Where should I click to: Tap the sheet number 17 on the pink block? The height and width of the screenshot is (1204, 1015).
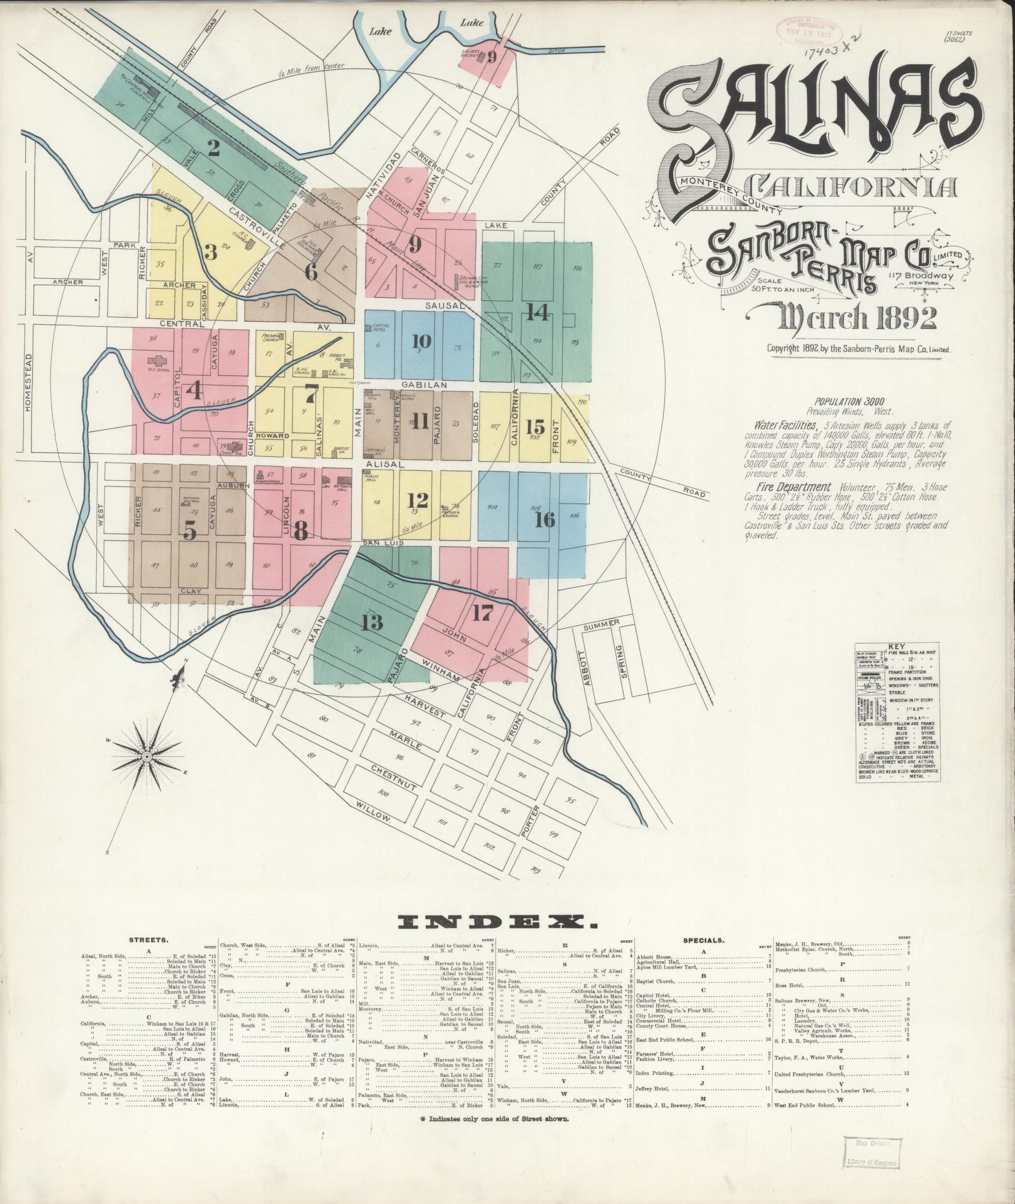(483, 612)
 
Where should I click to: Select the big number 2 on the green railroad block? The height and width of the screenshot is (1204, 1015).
(214, 149)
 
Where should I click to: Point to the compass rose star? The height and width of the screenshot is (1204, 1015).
(147, 755)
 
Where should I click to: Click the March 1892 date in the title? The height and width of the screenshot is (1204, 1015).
(856, 318)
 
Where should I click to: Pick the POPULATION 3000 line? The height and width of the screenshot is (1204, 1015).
(850, 401)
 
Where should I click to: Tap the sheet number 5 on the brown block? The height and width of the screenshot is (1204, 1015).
(189, 532)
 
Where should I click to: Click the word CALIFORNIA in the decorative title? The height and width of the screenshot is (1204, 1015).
(854, 186)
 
